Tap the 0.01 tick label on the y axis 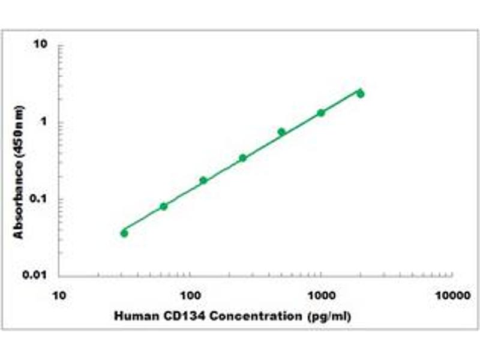[35, 276]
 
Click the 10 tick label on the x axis [59, 296]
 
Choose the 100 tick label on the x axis [190, 296]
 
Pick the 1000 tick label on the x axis [321, 296]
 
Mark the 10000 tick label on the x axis [452, 296]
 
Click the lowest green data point [124, 233]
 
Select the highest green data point [360, 94]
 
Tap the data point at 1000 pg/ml [321, 113]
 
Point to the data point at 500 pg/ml [281, 132]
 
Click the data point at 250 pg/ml [242, 158]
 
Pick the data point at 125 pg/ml [203, 180]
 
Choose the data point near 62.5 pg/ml [164, 206]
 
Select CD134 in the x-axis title [176, 316]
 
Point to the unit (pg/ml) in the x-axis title [328, 316]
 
